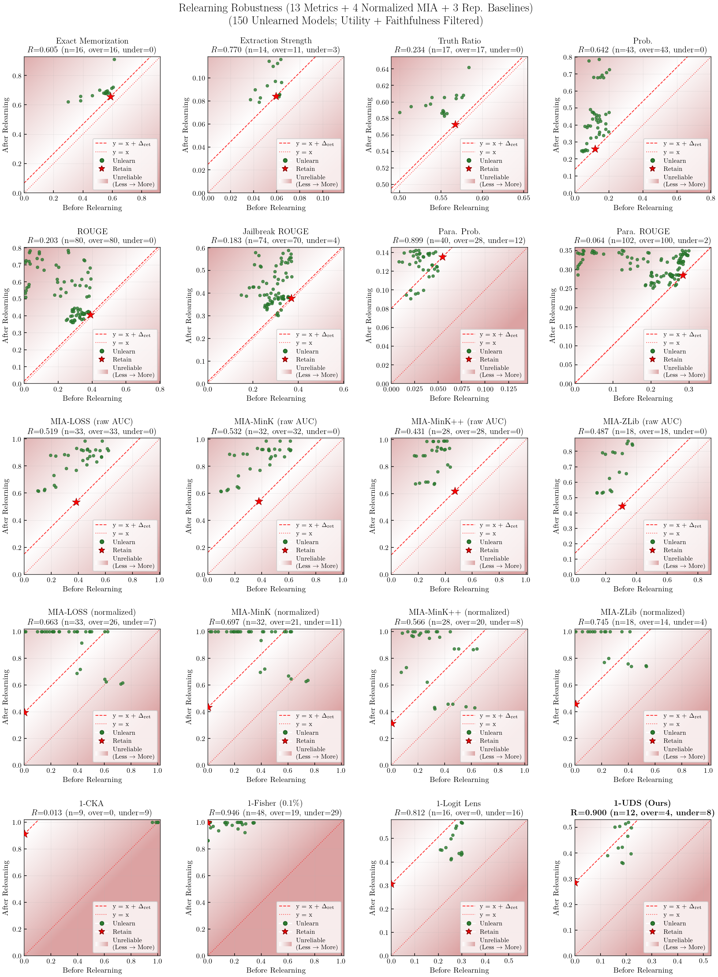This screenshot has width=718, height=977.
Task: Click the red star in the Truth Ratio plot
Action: [x=455, y=125]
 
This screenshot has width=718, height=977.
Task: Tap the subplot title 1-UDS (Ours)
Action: [x=642, y=803]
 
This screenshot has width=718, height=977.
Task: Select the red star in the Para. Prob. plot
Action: [x=442, y=257]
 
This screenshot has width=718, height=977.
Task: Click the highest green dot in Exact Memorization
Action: [x=114, y=60]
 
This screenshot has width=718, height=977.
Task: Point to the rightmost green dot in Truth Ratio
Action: [x=468, y=67]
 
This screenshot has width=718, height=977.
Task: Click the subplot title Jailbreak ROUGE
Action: [x=276, y=231]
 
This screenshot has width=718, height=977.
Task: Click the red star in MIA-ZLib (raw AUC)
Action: [x=622, y=506]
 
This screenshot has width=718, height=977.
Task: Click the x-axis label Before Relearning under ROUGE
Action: [x=92, y=398]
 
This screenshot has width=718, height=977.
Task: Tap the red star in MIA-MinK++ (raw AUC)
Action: [x=455, y=491]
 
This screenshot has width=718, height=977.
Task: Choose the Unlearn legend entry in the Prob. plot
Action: [x=674, y=161]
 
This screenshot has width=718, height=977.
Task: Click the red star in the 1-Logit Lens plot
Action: [x=392, y=884]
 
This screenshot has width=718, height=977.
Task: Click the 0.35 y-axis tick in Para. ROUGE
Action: [x=566, y=251]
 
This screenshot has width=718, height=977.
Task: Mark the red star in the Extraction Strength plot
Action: [x=276, y=96]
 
